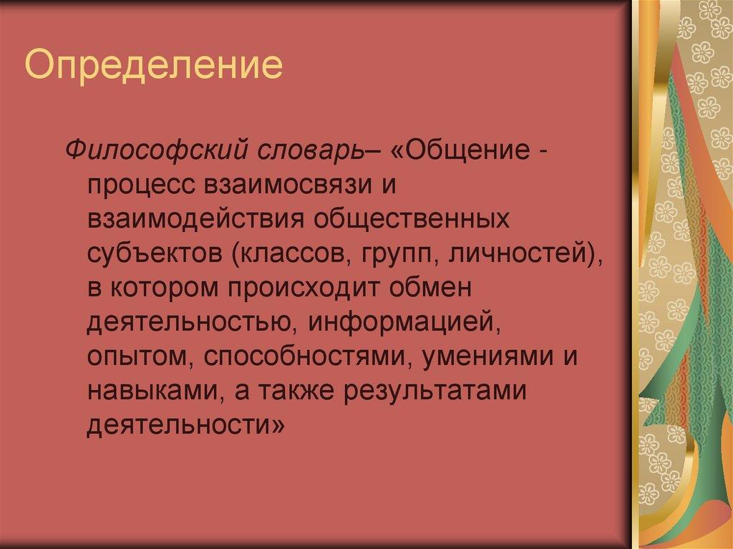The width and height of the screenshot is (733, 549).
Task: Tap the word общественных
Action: click(x=410, y=219)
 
